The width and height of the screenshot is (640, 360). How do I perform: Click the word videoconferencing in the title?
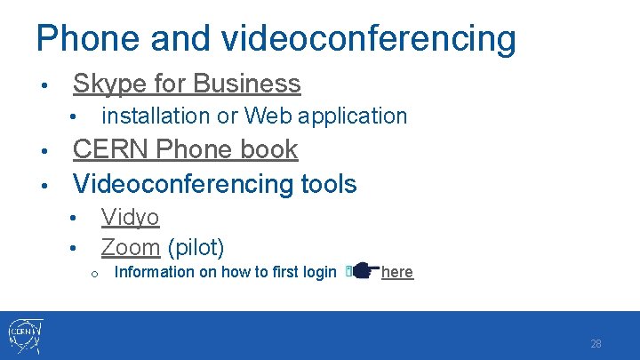(368, 39)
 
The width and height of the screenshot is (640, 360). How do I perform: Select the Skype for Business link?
(187, 84)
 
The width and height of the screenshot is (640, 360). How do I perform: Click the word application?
(354, 116)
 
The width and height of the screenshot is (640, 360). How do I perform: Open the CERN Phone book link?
(185, 149)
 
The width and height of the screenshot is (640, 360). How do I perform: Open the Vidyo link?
(130, 217)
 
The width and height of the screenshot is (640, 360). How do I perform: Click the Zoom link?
(130, 246)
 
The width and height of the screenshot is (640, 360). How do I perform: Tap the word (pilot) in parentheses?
(196, 246)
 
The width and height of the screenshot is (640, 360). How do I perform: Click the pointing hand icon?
(364, 271)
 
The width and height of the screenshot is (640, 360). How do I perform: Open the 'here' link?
(396, 272)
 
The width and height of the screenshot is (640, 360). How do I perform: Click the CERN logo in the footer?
(24, 336)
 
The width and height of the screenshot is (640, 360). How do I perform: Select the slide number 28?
(596, 344)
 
